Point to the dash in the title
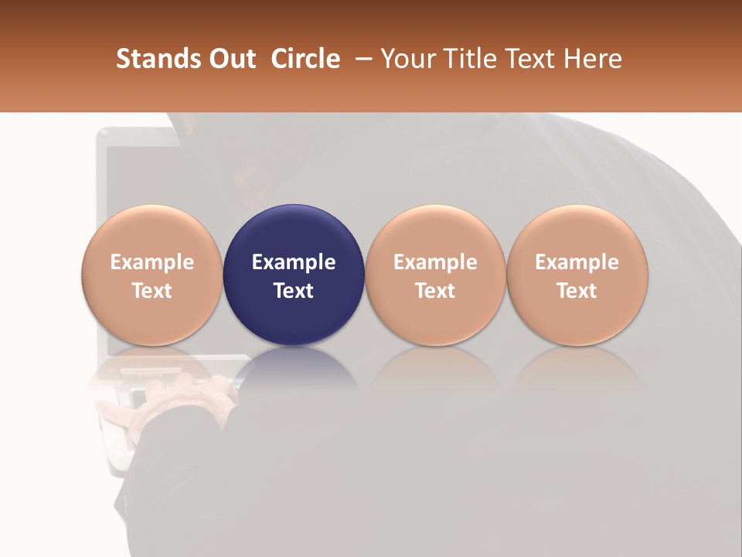[362, 59]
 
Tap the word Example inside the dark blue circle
[294, 262]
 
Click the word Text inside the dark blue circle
[294, 291]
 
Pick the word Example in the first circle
[152, 262]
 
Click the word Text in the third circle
[435, 291]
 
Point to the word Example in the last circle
[577, 262]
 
